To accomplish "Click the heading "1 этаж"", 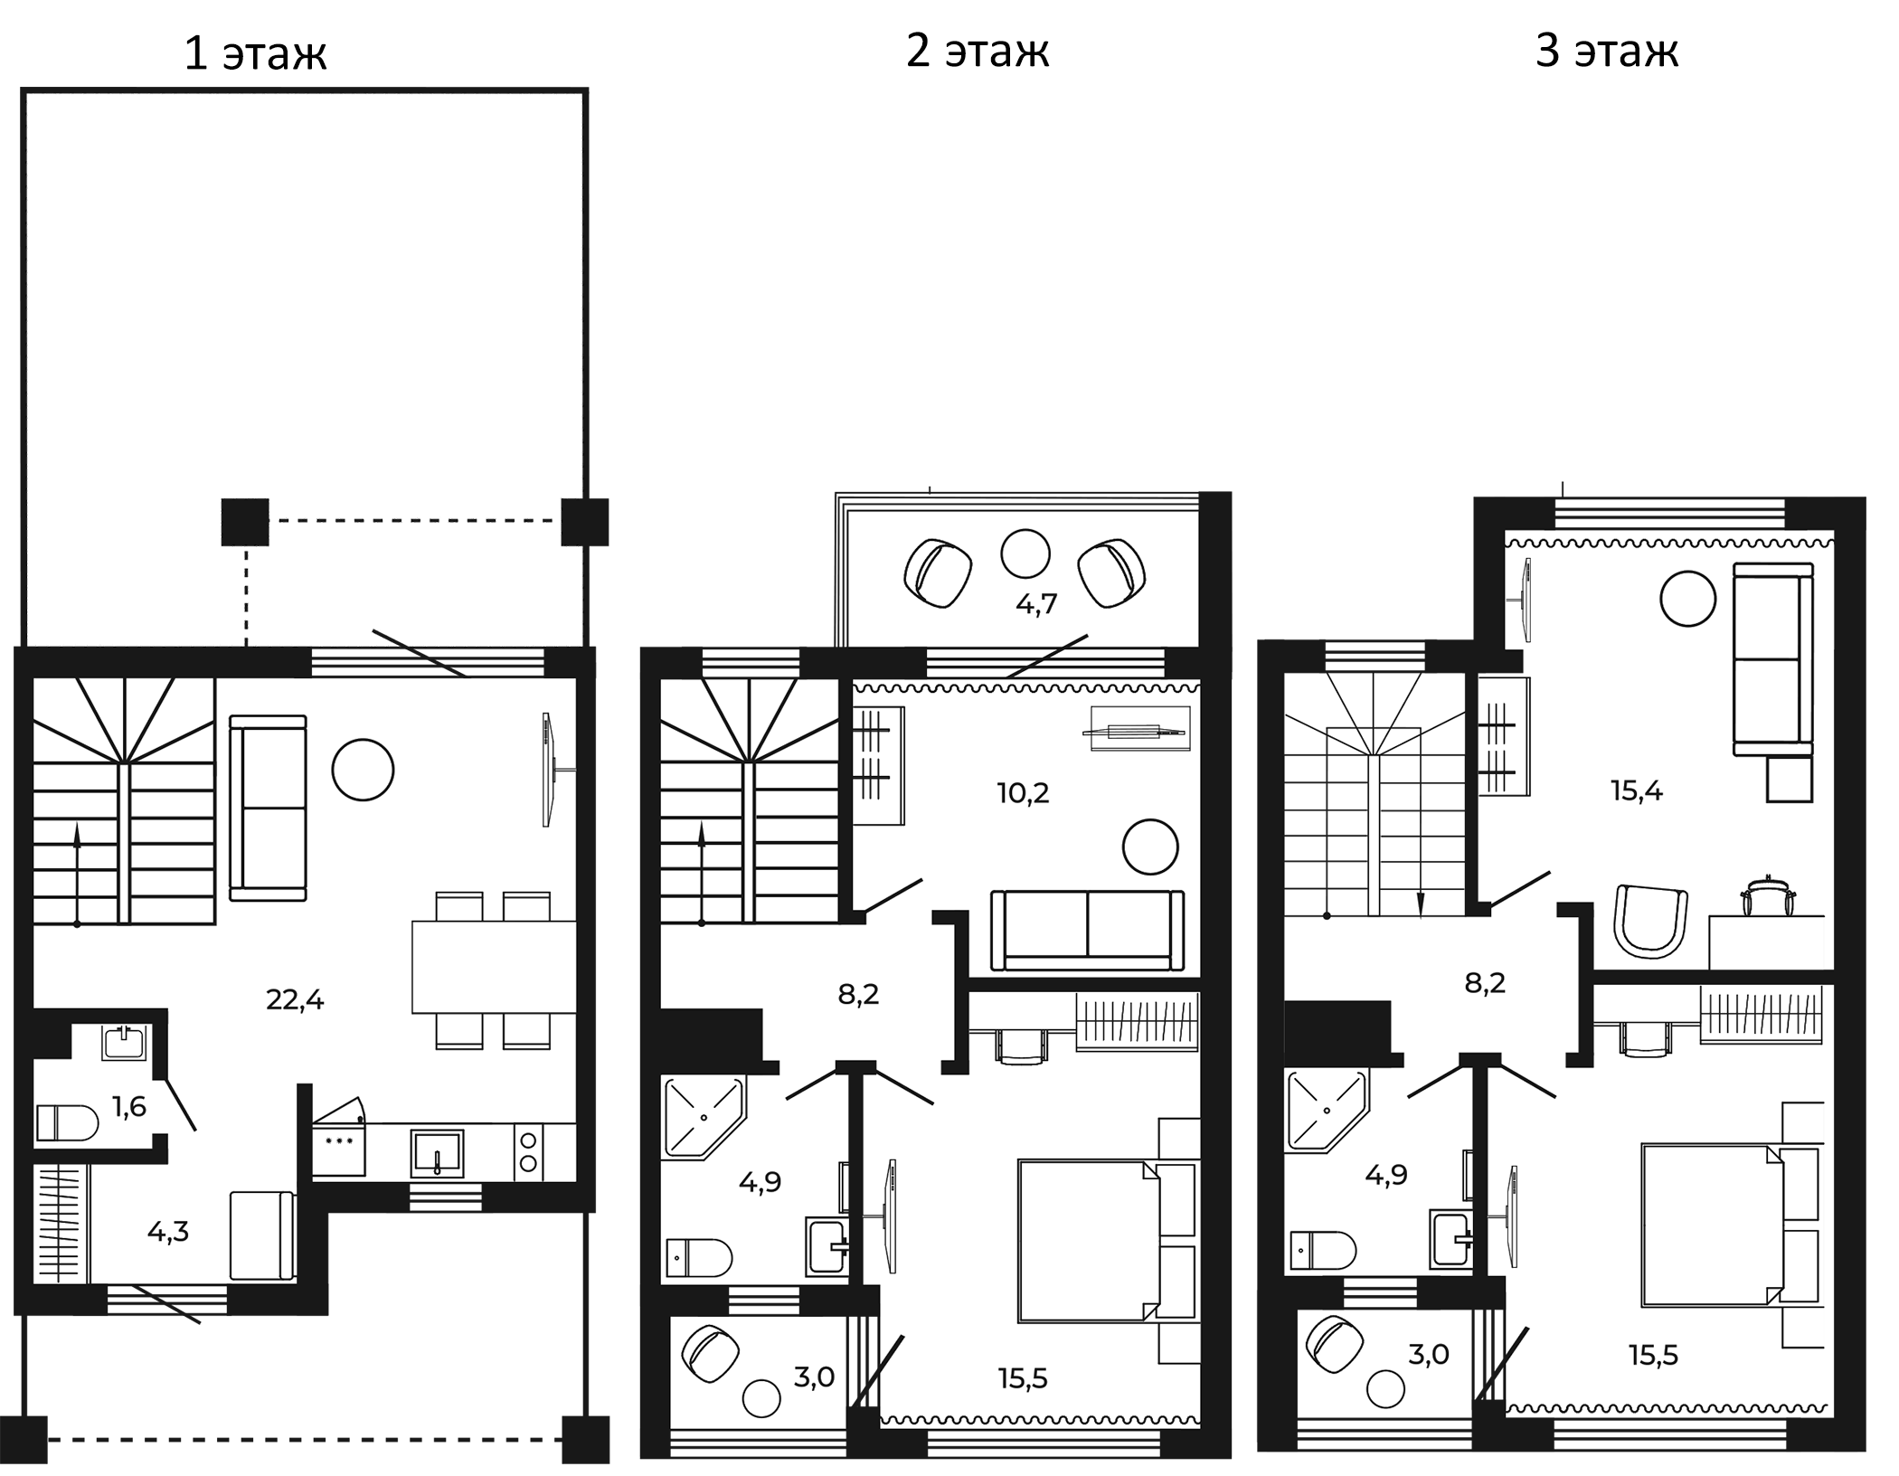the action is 255,53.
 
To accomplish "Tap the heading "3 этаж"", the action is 1607,51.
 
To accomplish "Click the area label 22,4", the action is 295,999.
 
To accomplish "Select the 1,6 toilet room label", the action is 129,1106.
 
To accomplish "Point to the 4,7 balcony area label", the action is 1036,603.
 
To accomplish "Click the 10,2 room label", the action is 1023,793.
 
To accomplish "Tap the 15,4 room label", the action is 1637,791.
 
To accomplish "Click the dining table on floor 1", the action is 494,967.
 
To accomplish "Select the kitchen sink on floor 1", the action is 437,1153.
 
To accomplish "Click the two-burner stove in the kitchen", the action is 529,1151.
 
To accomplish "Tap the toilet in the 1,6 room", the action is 67,1123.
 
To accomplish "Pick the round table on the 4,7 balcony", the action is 1025,553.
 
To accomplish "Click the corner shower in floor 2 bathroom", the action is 703,1118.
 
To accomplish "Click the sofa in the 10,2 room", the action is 1087,931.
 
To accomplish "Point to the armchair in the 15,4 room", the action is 1651,921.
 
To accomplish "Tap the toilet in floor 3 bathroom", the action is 1323,1251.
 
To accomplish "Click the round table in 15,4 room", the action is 1688,599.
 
